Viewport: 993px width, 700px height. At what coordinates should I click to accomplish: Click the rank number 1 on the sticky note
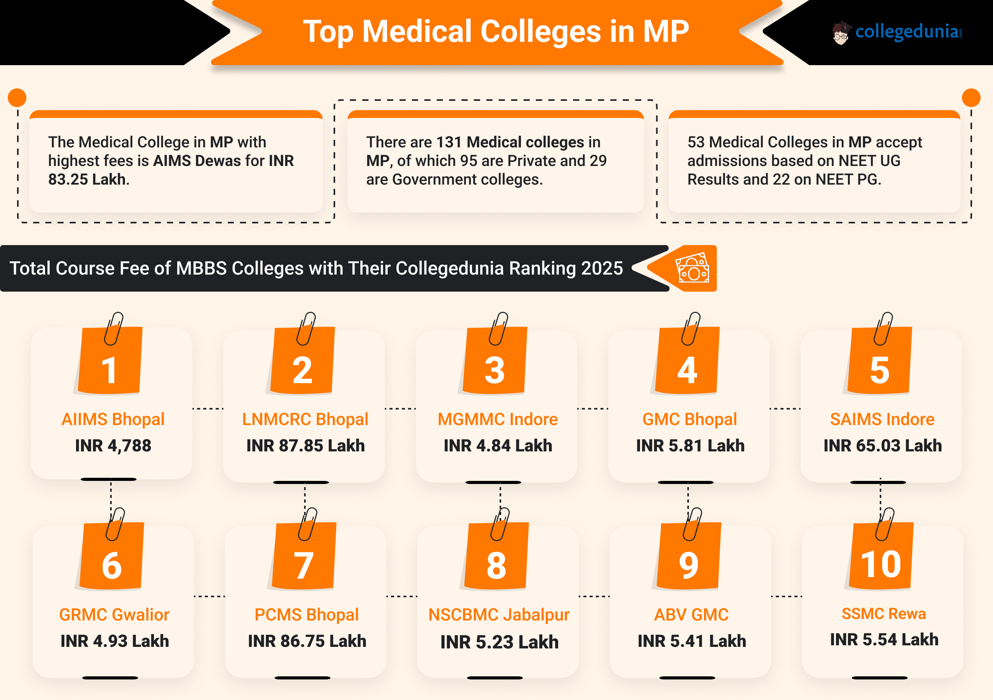pyautogui.click(x=109, y=370)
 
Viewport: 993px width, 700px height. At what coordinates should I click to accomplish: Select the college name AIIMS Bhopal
pyautogui.click(x=113, y=419)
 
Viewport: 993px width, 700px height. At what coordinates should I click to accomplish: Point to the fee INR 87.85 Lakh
pyautogui.click(x=305, y=445)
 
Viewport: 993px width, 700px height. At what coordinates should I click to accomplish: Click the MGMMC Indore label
pyautogui.click(x=497, y=419)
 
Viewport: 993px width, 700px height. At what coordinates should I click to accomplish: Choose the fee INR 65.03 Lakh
pyautogui.click(x=882, y=445)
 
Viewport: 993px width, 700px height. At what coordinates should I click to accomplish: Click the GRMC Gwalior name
pyautogui.click(x=114, y=614)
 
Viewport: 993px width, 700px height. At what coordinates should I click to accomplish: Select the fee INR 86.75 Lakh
pyautogui.click(x=307, y=641)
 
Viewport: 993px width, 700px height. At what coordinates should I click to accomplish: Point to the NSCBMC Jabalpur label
pyautogui.click(x=499, y=614)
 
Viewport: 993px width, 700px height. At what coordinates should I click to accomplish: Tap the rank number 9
pyautogui.click(x=689, y=565)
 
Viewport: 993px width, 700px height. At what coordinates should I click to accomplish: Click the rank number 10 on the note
pyautogui.click(x=881, y=564)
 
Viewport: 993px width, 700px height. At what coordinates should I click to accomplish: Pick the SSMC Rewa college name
pyautogui.click(x=884, y=614)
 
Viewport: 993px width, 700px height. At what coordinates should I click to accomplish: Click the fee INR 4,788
pyautogui.click(x=113, y=445)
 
